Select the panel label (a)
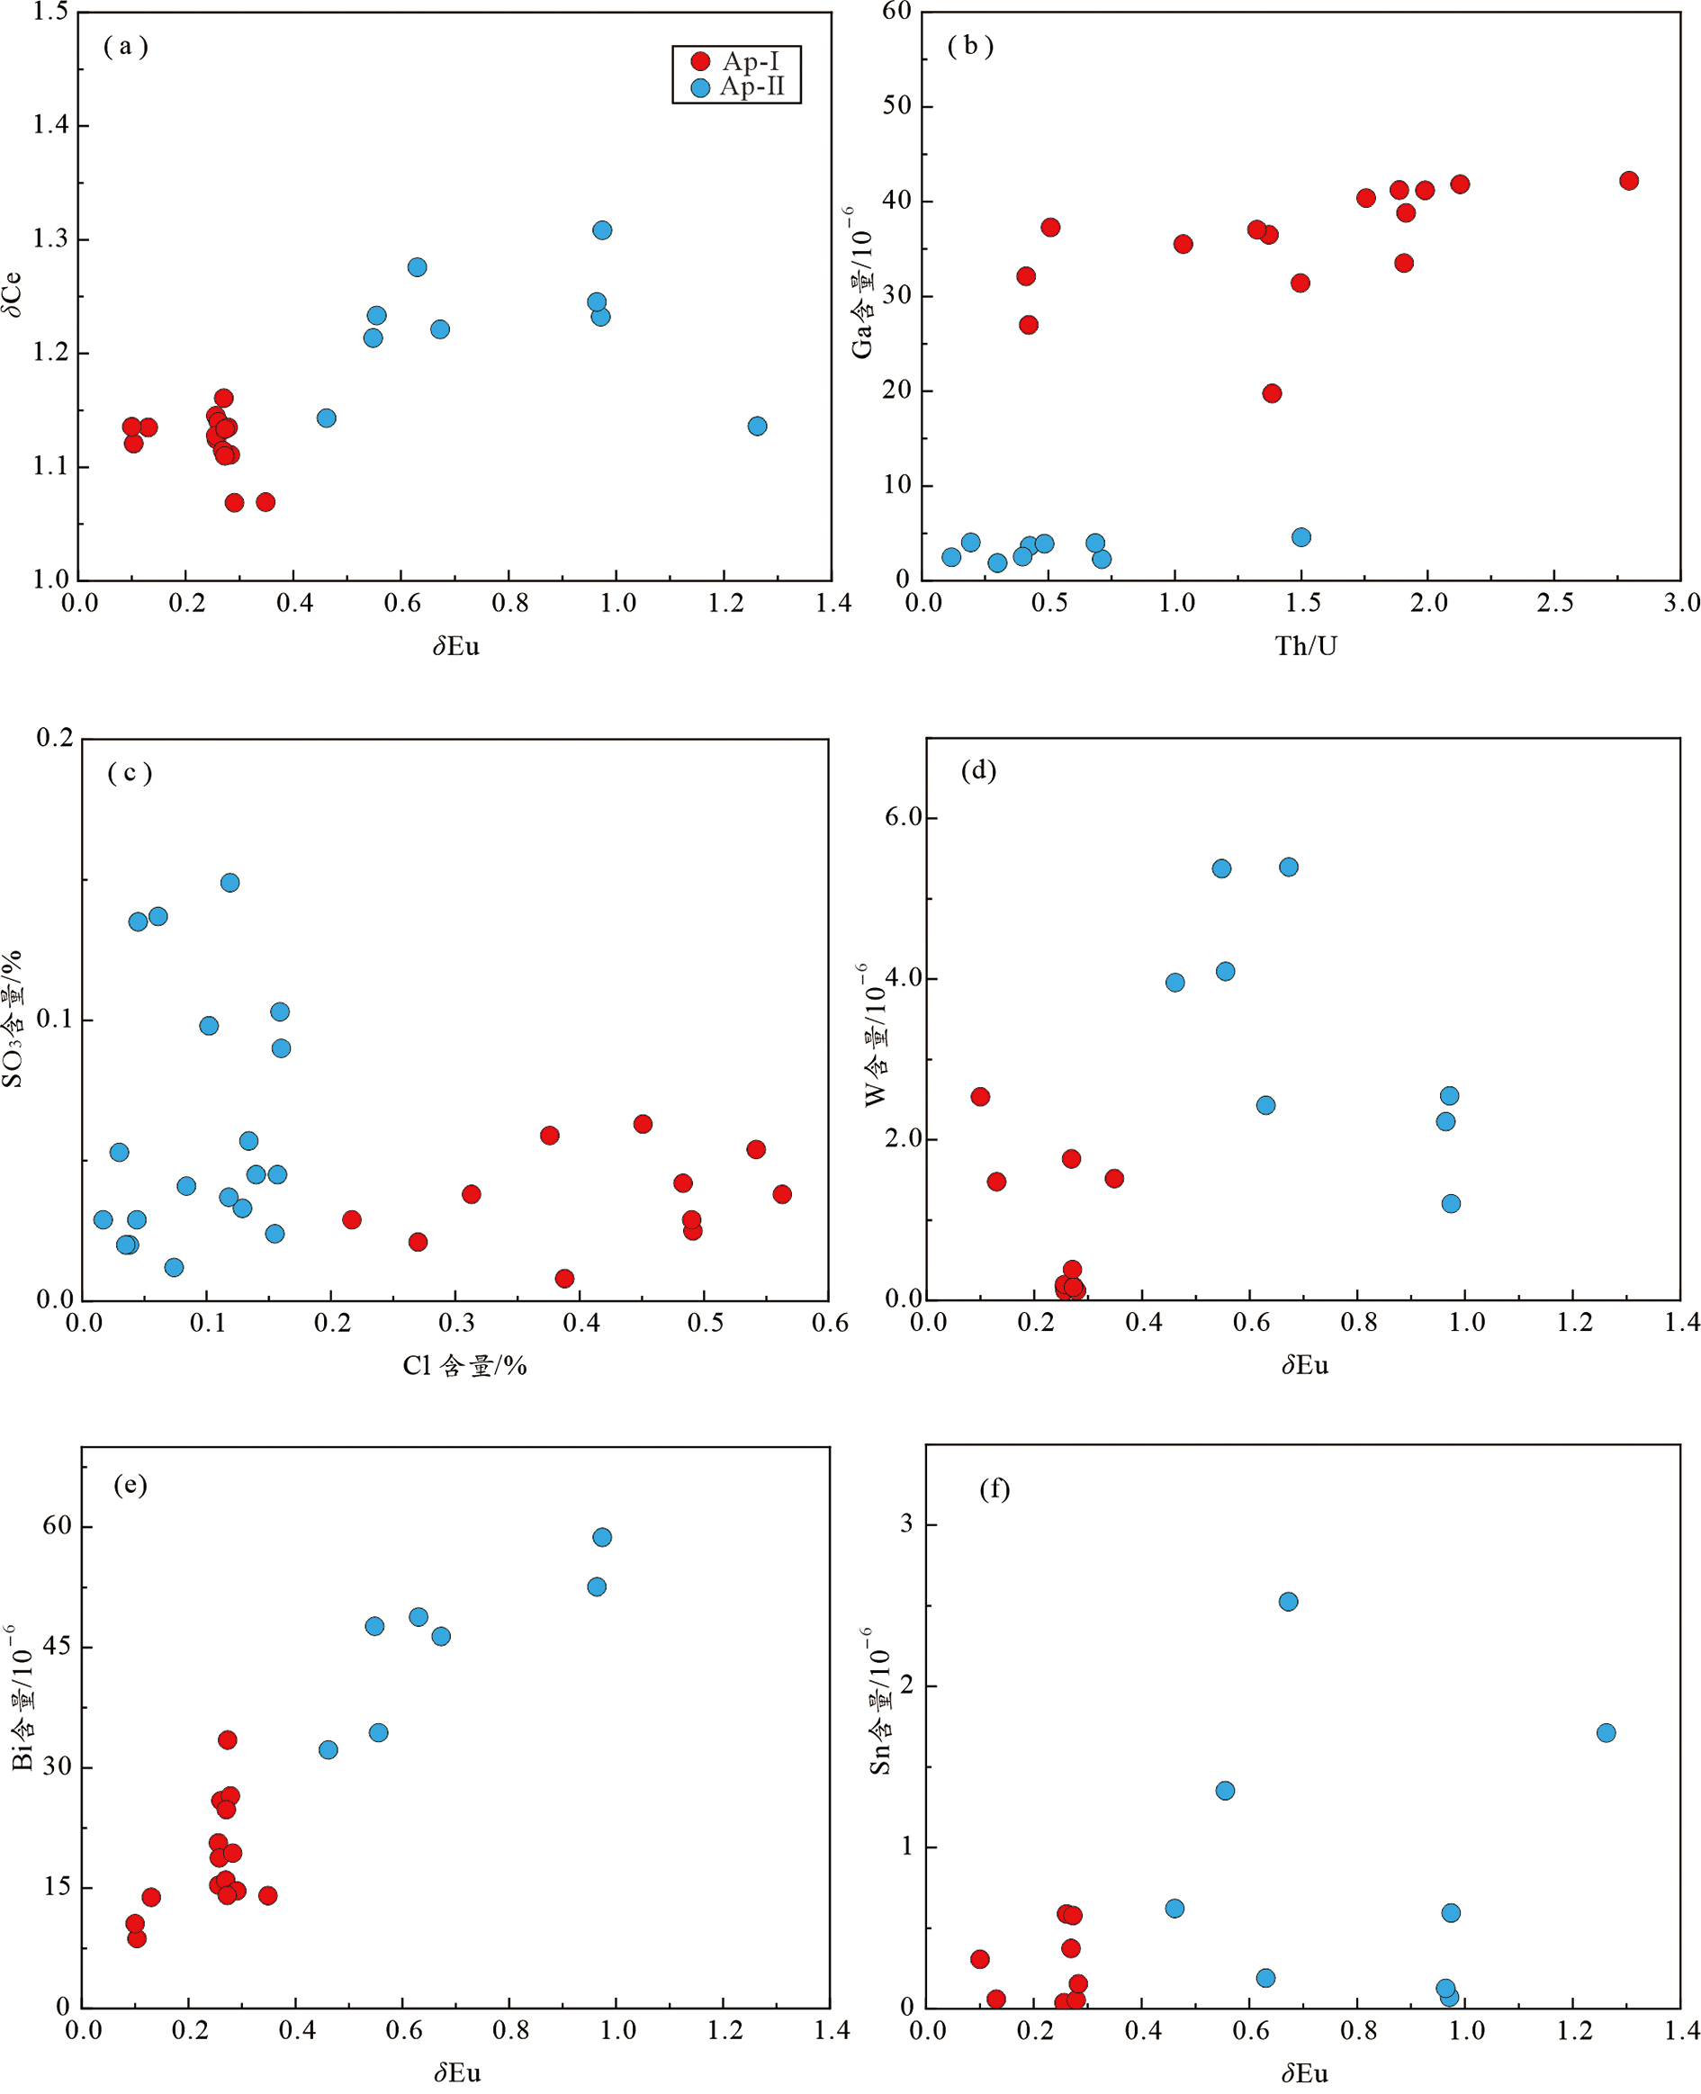pos(125,46)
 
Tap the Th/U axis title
pos(1305,646)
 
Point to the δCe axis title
pos(13,294)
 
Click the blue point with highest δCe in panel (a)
pos(601,230)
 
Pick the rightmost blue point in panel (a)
pos(756,426)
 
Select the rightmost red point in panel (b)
pos(1628,180)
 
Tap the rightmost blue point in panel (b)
pos(1301,536)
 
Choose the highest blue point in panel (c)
pos(229,883)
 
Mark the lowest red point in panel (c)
pos(564,1278)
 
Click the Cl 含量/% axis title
pos(464,1365)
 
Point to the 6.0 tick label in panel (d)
pos(904,817)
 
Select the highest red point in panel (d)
pos(980,1096)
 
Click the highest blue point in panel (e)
pos(601,1537)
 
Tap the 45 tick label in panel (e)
pos(57,1646)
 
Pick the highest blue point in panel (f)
pos(1289,1602)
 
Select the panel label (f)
pos(994,1489)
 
